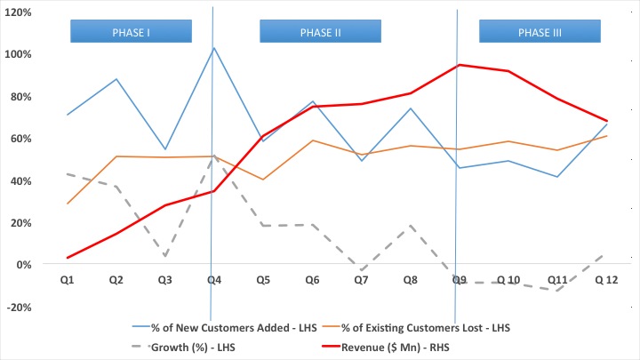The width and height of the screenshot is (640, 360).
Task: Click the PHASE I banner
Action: click(x=131, y=32)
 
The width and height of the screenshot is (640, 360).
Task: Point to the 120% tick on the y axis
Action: click(x=20, y=12)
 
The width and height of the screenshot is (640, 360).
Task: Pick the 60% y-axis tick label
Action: click(x=21, y=139)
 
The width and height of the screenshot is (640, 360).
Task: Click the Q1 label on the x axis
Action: click(x=68, y=280)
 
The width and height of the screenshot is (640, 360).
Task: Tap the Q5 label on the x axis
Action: click(x=263, y=280)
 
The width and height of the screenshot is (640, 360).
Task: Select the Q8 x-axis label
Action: click(x=410, y=280)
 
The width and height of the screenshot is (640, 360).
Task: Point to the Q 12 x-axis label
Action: click(x=605, y=280)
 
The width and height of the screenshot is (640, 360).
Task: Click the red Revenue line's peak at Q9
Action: click(x=460, y=65)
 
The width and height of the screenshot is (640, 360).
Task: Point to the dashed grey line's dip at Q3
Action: click(x=165, y=256)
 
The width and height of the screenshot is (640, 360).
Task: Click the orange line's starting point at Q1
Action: click(x=68, y=204)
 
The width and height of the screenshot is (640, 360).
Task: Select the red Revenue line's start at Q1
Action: click(x=68, y=258)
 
